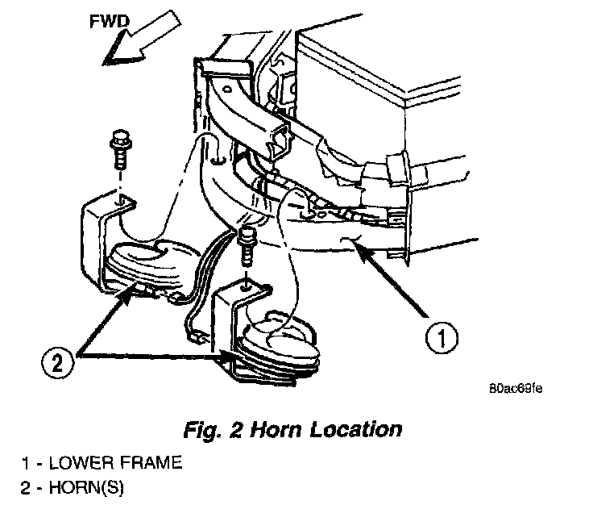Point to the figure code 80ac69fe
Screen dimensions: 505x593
(515, 388)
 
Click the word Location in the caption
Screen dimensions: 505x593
(361, 428)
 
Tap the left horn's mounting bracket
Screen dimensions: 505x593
(93, 234)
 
